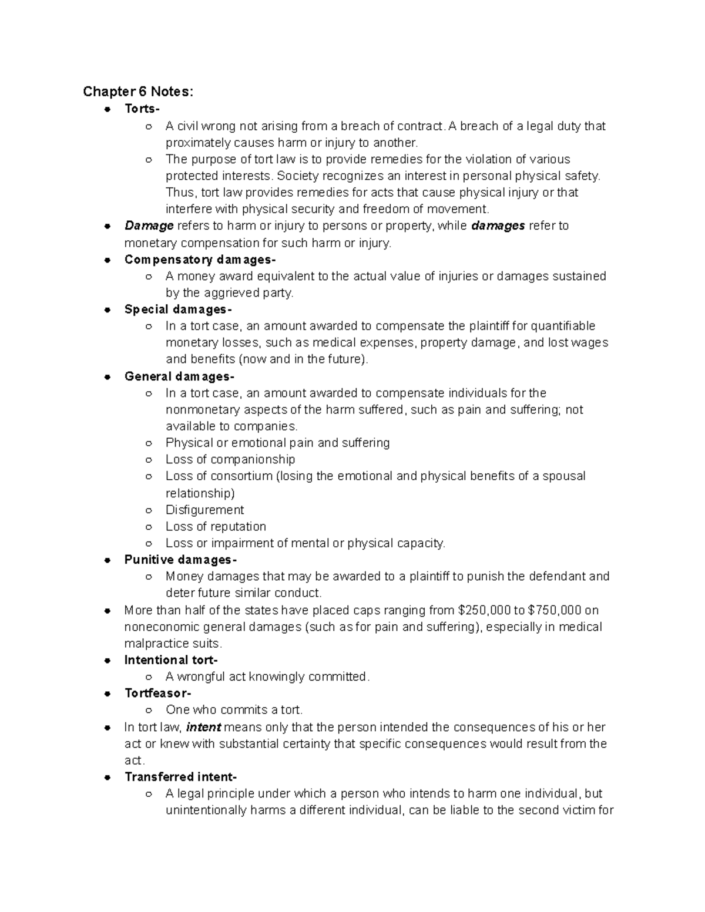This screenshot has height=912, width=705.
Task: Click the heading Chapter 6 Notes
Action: coord(137,92)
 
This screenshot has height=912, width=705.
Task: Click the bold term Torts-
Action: coord(142,109)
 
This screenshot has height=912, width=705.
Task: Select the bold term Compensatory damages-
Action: coord(199,260)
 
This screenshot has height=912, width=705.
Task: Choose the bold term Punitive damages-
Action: coord(180,560)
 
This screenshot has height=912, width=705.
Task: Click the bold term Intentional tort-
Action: coord(171,660)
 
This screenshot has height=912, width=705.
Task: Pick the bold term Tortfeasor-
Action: coord(157,693)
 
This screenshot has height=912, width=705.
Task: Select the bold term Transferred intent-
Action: coord(180,777)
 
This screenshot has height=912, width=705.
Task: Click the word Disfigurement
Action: coord(204,510)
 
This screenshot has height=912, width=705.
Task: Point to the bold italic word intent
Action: coord(203,727)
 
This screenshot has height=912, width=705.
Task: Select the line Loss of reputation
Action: coord(216,526)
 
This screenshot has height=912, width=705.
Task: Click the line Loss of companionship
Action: coord(230,459)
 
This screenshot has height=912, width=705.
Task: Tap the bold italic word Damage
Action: coord(149,226)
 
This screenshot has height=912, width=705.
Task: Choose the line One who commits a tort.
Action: coord(234,709)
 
